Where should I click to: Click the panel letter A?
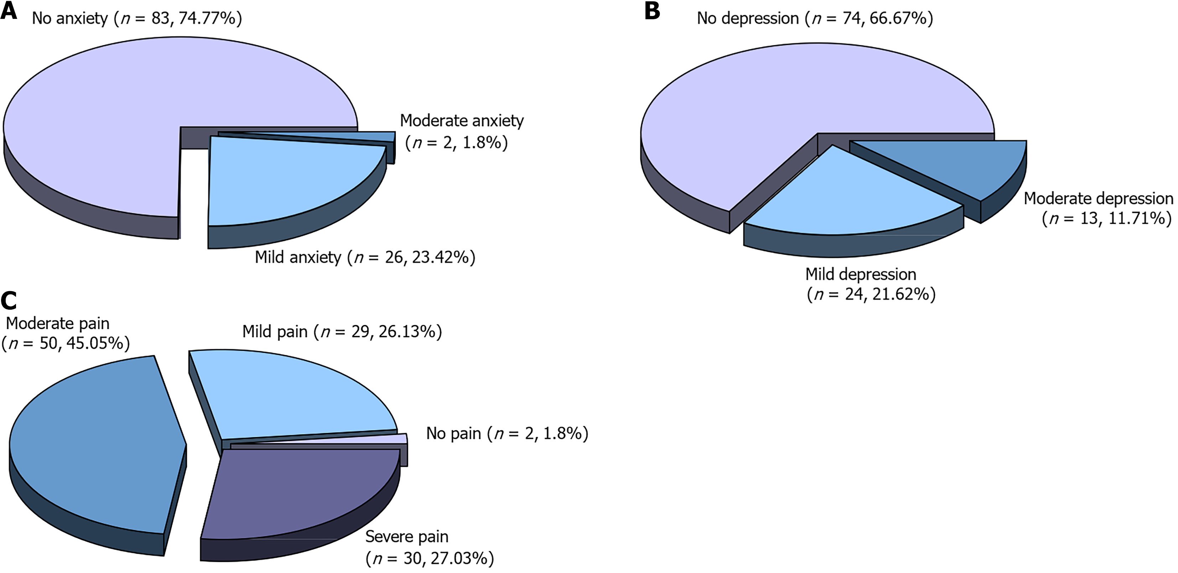[9, 11]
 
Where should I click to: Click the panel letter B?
[652, 11]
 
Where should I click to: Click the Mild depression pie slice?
[846, 197]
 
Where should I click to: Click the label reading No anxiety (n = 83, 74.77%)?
[137, 18]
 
